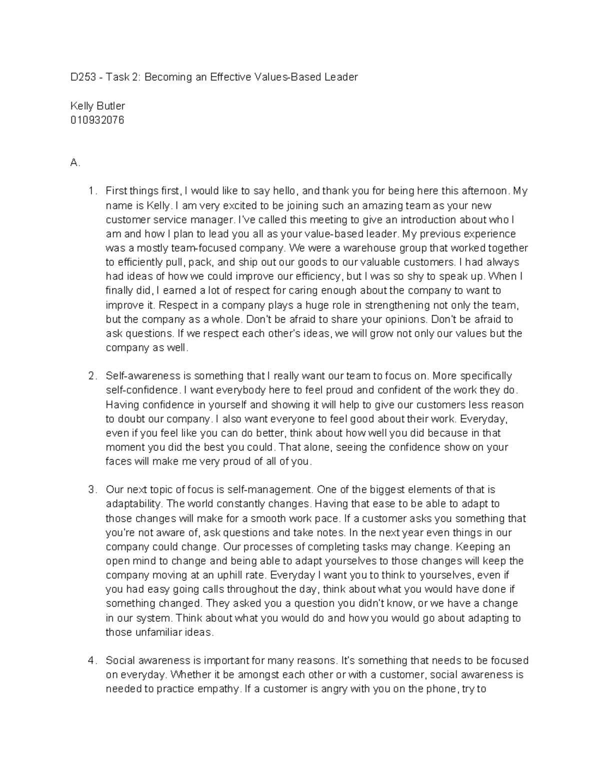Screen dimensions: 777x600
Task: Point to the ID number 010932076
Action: [97, 120]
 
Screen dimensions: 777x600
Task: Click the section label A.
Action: [75, 163]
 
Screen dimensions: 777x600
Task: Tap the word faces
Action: [118, 462]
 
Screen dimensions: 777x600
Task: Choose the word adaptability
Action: [133, 504]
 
